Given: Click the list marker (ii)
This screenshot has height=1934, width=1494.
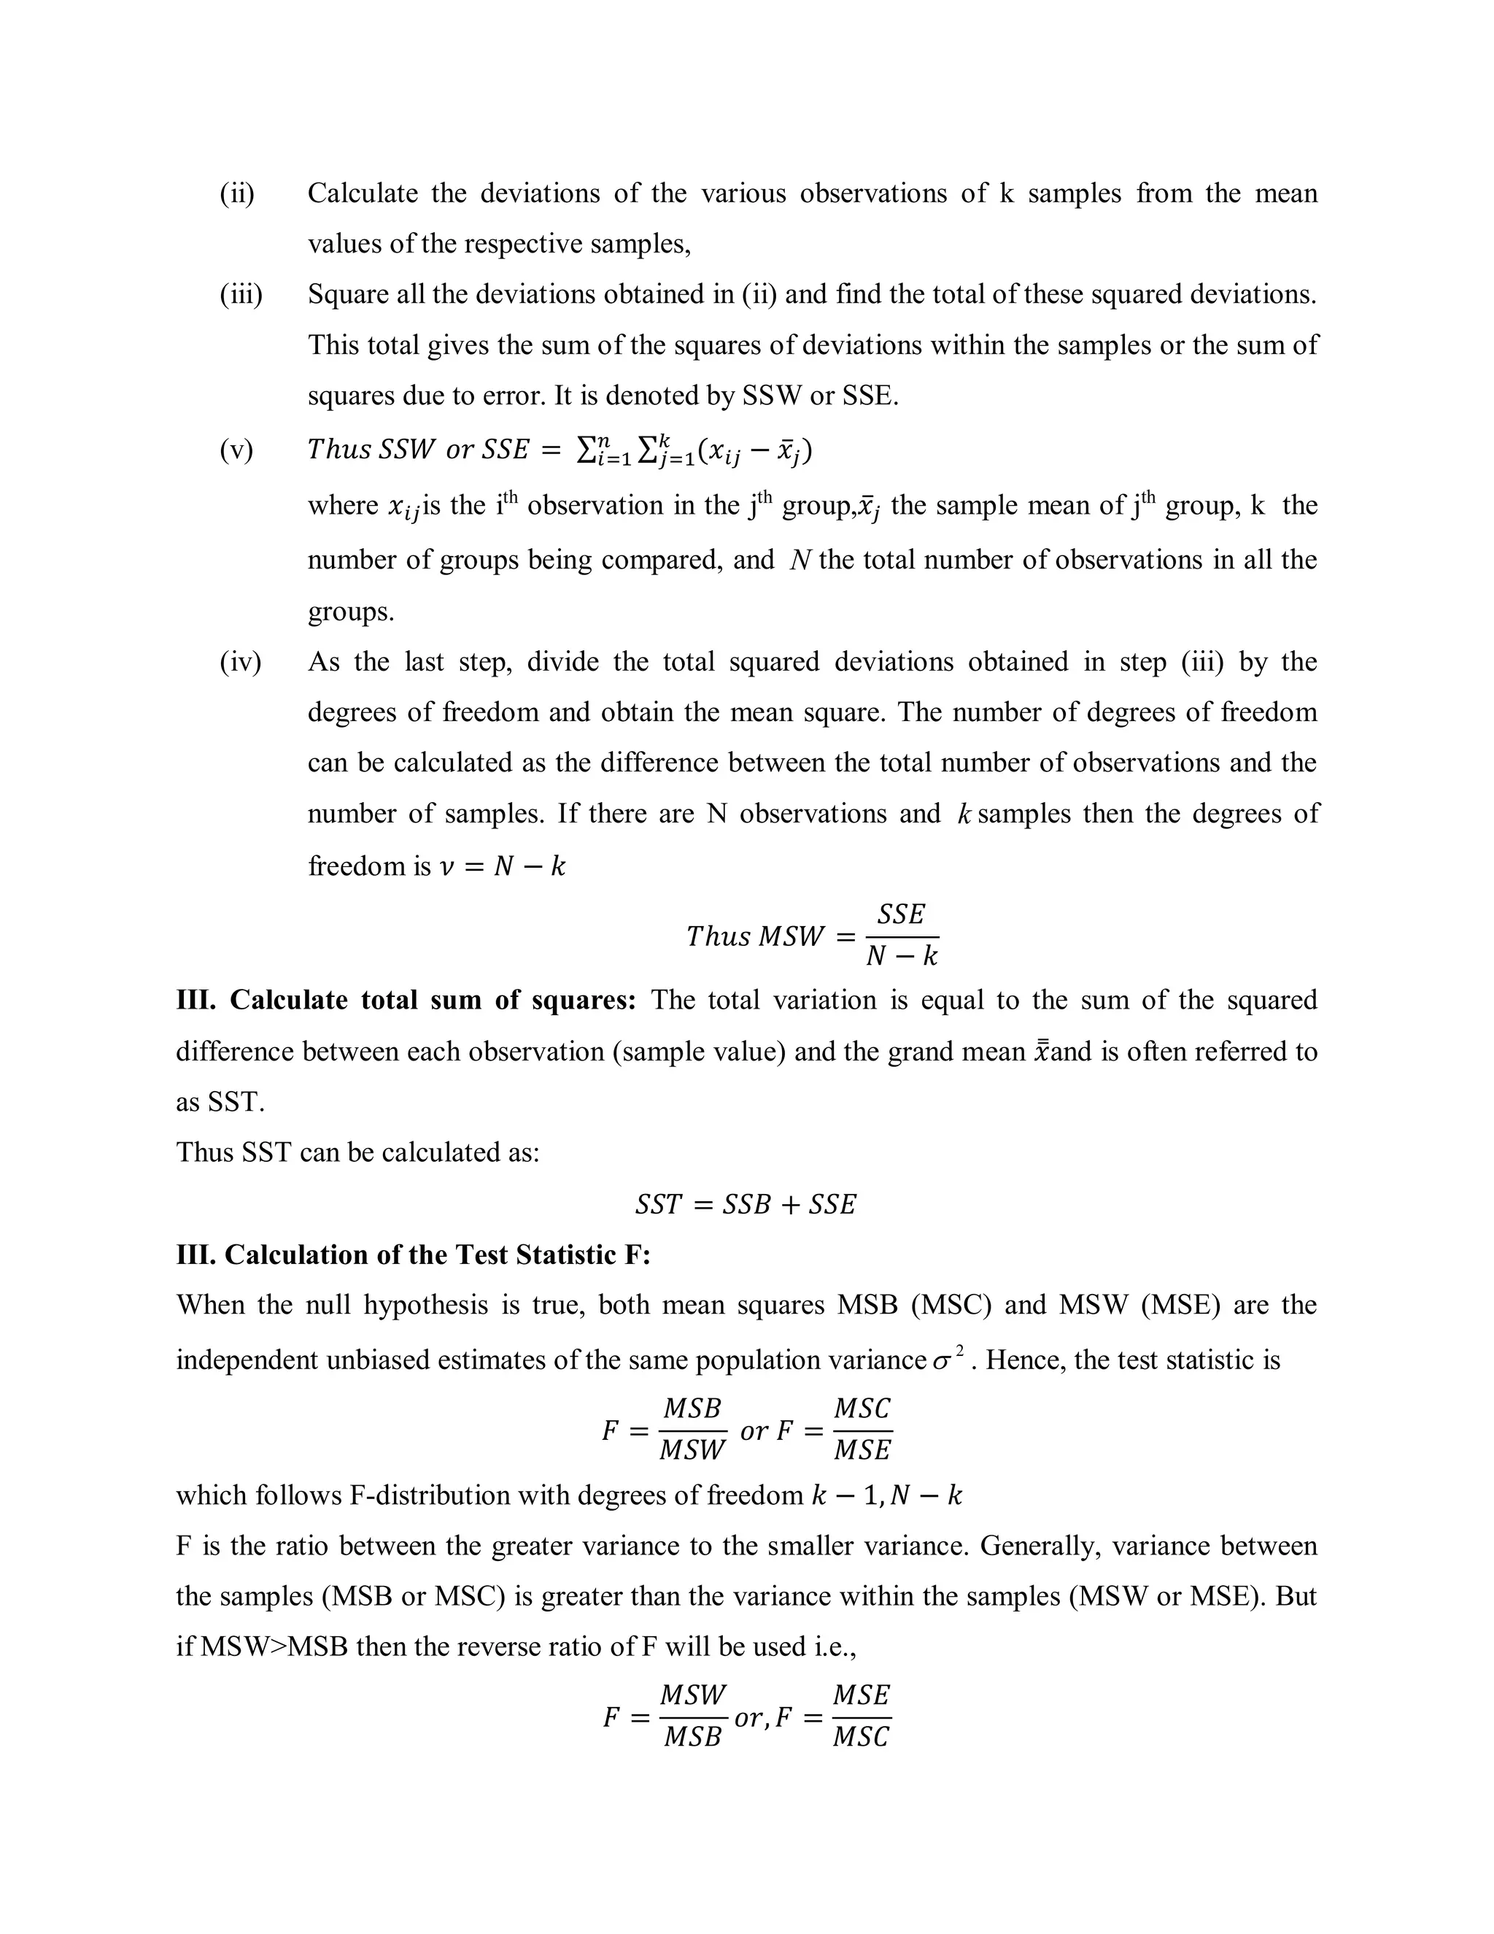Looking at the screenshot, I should coord(236,193).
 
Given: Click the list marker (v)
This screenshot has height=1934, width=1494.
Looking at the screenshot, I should coord(236,450).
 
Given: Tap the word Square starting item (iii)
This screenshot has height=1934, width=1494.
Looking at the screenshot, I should coord(348,294).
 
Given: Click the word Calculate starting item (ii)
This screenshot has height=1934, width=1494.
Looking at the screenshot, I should coord(363,193).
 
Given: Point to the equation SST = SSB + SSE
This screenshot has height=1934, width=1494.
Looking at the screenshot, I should coord(746,1204).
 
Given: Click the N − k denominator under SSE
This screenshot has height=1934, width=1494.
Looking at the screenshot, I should coord(901,956).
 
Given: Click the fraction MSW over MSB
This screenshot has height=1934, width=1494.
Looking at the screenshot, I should coord(692,1717).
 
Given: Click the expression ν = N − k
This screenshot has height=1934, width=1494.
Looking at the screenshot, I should coord(502,866).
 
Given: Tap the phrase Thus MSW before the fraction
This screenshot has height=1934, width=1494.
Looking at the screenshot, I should coord(754,936).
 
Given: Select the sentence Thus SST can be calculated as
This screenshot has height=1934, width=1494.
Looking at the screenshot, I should coord(357,1152).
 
